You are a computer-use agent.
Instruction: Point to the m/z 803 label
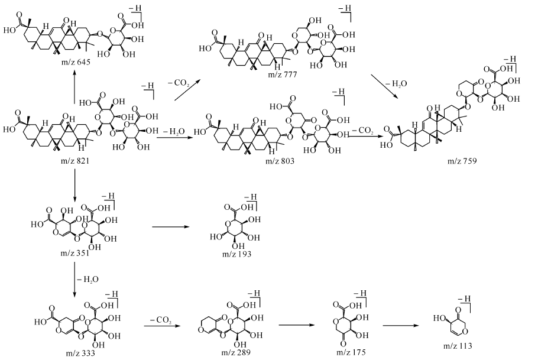280,161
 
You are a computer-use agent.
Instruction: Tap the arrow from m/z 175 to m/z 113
406,325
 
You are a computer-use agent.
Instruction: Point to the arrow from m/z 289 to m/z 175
298,325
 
